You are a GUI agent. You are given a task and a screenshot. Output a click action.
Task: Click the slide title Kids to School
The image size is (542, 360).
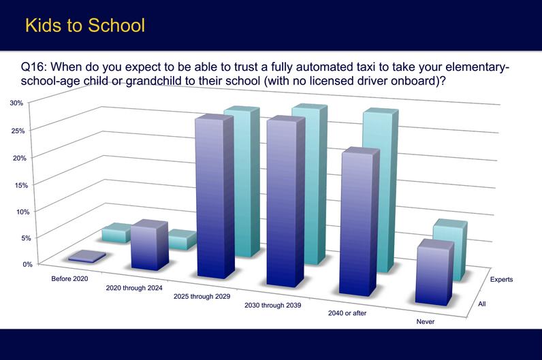click(85, 26)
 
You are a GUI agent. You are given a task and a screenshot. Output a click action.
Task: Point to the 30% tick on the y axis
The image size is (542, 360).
click(16, 103)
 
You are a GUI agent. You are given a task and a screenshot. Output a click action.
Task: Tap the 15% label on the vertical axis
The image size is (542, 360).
click(21, 185)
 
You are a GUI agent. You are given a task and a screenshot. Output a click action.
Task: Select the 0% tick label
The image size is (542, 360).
click(28, 264)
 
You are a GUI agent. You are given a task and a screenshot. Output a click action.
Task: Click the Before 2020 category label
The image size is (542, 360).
click(69, 279)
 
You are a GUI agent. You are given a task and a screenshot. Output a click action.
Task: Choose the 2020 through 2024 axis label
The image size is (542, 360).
click(134, 288)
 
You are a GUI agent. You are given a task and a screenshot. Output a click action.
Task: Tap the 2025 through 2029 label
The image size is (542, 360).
click(202, 297)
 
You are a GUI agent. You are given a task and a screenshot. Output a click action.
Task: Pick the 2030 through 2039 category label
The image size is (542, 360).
click(273, 306)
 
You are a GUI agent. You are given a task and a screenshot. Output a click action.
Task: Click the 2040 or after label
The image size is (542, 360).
click(347, 313)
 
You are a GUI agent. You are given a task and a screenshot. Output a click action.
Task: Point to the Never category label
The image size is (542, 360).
click(425, 322)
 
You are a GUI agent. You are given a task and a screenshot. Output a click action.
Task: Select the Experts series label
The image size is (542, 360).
click(501, 280)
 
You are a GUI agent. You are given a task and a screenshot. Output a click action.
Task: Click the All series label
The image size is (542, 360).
click(482, 304)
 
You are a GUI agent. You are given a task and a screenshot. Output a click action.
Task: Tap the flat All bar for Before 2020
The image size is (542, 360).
click(87, 257)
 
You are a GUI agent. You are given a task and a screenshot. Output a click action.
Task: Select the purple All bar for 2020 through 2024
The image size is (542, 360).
click(150, 244)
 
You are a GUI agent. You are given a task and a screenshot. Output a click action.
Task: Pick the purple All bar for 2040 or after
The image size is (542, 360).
click(360, 221)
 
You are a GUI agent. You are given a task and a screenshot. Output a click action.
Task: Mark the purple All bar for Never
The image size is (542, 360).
click(434, 272)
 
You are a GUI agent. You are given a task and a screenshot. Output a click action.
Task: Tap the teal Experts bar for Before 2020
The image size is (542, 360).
click(116, 233)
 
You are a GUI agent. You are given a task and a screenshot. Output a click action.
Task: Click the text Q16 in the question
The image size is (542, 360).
click(31, 67)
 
